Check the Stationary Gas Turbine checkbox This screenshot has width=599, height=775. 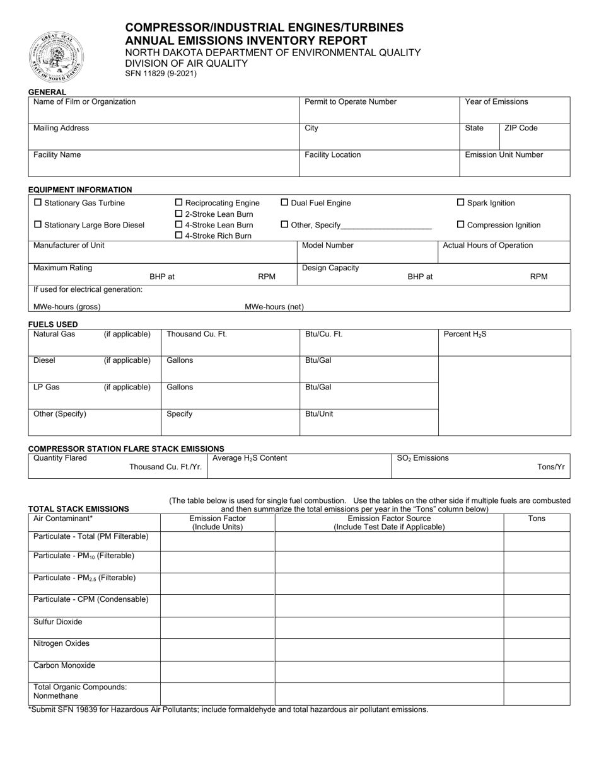(38, 203)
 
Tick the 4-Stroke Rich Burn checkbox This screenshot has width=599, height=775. (178, 236)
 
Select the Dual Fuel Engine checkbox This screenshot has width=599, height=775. (284, 203)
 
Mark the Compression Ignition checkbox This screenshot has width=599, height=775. (460, 225)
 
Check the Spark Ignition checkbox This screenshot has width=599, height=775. (460, 203)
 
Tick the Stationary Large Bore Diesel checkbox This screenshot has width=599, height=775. (38, 225)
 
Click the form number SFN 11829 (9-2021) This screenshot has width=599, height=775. (161, 73)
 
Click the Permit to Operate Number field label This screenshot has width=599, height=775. (351, 102)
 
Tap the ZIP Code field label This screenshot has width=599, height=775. (521, 129)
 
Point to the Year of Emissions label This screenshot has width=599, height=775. (496, 102)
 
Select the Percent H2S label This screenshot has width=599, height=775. (465, 335)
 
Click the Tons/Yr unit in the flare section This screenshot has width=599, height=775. (550, 467)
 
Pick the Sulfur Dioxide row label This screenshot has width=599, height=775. (57, 622)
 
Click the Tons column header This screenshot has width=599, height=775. (537, 519)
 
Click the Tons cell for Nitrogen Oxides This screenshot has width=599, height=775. (537, 650)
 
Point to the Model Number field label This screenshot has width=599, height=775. (328, 246)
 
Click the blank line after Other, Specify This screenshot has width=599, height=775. (386, 226)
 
